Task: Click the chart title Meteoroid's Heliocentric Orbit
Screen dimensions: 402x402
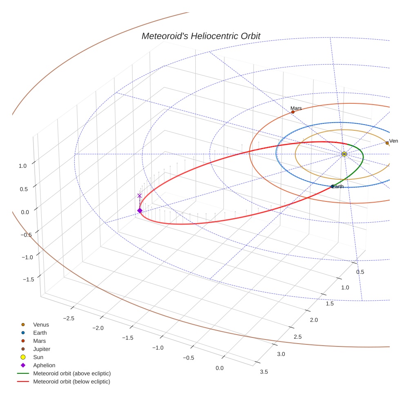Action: click(201, 36)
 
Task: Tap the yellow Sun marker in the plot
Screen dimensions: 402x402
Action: click(344, 154)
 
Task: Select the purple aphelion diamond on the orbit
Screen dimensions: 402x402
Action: click(140, 210)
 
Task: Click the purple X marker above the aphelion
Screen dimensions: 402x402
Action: click(140, 196)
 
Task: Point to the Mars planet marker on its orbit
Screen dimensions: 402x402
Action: click(293, 112)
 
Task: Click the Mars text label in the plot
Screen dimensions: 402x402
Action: click(296, 108)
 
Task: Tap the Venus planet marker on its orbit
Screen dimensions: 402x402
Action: click(387, 143)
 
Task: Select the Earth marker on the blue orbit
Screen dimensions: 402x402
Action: click(332, 187)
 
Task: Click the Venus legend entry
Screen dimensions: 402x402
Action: click(41, 325)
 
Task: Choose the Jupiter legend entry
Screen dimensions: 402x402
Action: click(42, 349)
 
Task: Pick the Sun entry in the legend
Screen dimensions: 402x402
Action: click(38, 357)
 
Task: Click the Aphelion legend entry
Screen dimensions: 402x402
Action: click(44, 365)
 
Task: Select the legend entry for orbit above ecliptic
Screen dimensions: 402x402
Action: click(72, 373)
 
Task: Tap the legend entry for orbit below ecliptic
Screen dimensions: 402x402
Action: click(71, 382)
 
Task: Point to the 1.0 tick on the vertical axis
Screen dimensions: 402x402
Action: click(22, 166)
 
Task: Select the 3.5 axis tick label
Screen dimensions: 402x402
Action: click(264, 371)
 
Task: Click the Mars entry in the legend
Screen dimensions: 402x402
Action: click(39, 341)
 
